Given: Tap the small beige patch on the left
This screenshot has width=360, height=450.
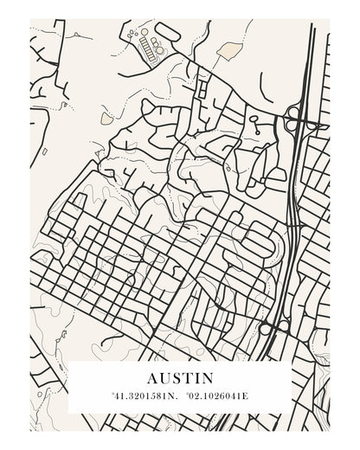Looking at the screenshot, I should (106, 115).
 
